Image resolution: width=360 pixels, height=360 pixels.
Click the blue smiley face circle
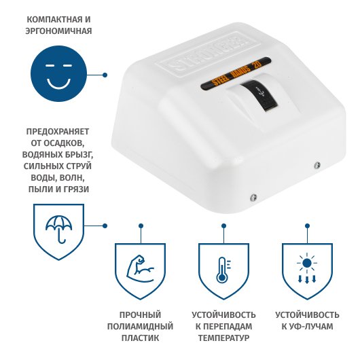click(x=59, y=74)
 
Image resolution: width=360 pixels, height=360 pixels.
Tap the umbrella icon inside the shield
click(x=59, y=229)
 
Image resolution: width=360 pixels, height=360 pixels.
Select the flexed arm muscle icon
click(x=140, y=270)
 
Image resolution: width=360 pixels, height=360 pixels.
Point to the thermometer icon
click(x=223, y=270)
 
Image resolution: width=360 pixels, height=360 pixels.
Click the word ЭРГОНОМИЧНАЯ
click(x=58, y=31)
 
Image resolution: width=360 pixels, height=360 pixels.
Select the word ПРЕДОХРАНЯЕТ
click(x=58, y=132)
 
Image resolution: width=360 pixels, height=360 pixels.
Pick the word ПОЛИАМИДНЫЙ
click(x=140, y=326)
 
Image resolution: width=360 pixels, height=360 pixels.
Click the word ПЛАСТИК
click(x=140, y=338)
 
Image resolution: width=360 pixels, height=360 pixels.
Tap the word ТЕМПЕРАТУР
click(x=224, y=338)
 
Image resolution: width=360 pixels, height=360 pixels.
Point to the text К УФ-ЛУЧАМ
click(x=307, y=326)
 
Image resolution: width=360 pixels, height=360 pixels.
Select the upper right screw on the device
click(x=317, y=164)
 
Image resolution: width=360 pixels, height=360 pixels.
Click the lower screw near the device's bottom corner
click(x=253, y=197)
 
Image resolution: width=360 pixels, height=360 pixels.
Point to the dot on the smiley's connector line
click(x=105, y=75)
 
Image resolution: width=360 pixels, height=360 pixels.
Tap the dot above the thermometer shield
click(x=224, y=226)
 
